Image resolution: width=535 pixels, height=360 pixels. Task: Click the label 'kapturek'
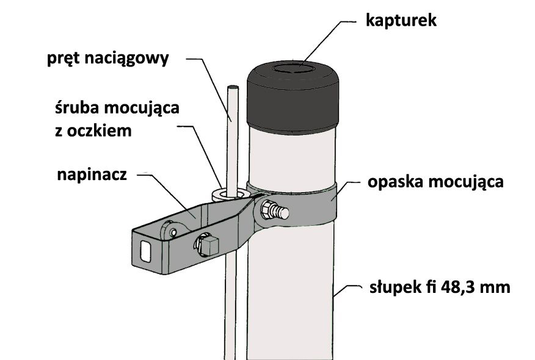pyautogui.click(x=401, y=21)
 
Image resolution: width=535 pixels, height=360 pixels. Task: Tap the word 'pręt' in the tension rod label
pyautogui.click(x=63, y=59)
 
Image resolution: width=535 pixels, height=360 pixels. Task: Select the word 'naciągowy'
pyautogui.click(x=126, y=59)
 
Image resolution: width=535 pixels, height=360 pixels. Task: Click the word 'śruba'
pyautogui.click(x=77, y=108)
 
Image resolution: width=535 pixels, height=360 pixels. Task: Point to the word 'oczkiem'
pyautogui.click(x=100, y=131)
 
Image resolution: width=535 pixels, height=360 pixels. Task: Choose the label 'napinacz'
pyautogui.click(x=92, y=175)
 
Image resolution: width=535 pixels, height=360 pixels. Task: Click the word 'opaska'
pyautogui.click(x=396, y=182)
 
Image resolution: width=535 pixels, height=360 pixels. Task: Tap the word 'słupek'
pyautogui.click(x=396, y=287)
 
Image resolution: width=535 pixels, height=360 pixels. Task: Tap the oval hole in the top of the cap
pyautogui.click(x=293, y=68)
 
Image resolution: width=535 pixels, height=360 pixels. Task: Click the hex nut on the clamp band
pyautogui.click(x=269, y=210)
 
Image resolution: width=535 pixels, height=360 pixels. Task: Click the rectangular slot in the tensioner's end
pyautogui.click(x=146, y=251)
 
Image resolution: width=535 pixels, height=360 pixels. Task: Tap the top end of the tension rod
pyautogui.click(x=233, y=87)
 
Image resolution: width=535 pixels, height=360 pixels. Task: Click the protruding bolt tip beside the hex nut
pyautogui.click(x=283, y=213)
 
